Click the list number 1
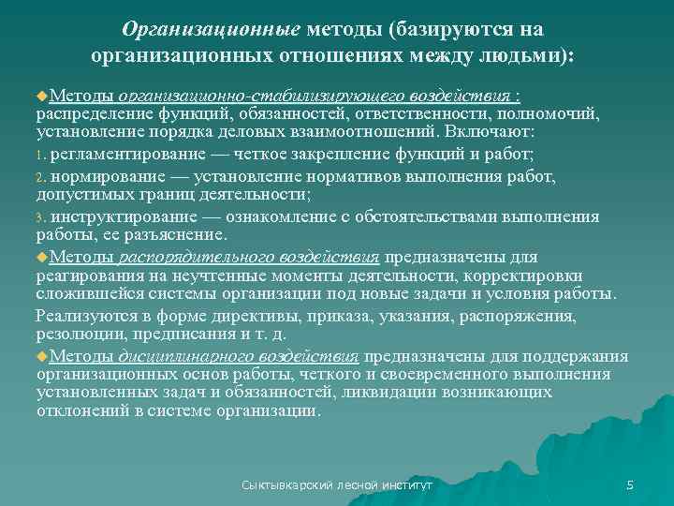click(x=41, y=156)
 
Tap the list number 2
click(x=41, y=177)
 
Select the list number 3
click(x=41, y=217)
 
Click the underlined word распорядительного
click(x=182, y=257)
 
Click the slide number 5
click(x=630, y=484)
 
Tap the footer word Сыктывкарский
click(x=284, y=485)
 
